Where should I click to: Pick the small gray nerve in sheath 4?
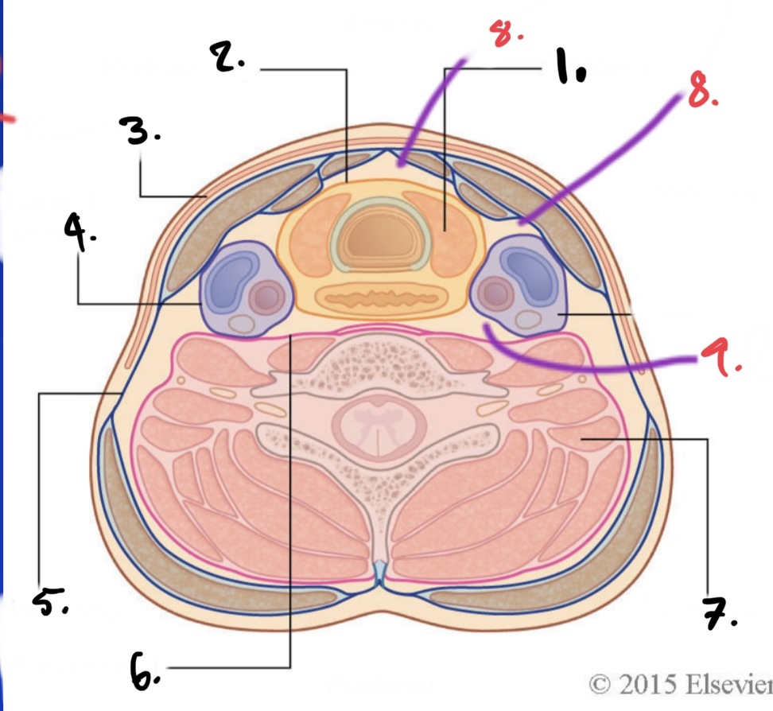[x=240, y=323]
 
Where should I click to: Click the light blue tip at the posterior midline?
[x=382, y=569]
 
